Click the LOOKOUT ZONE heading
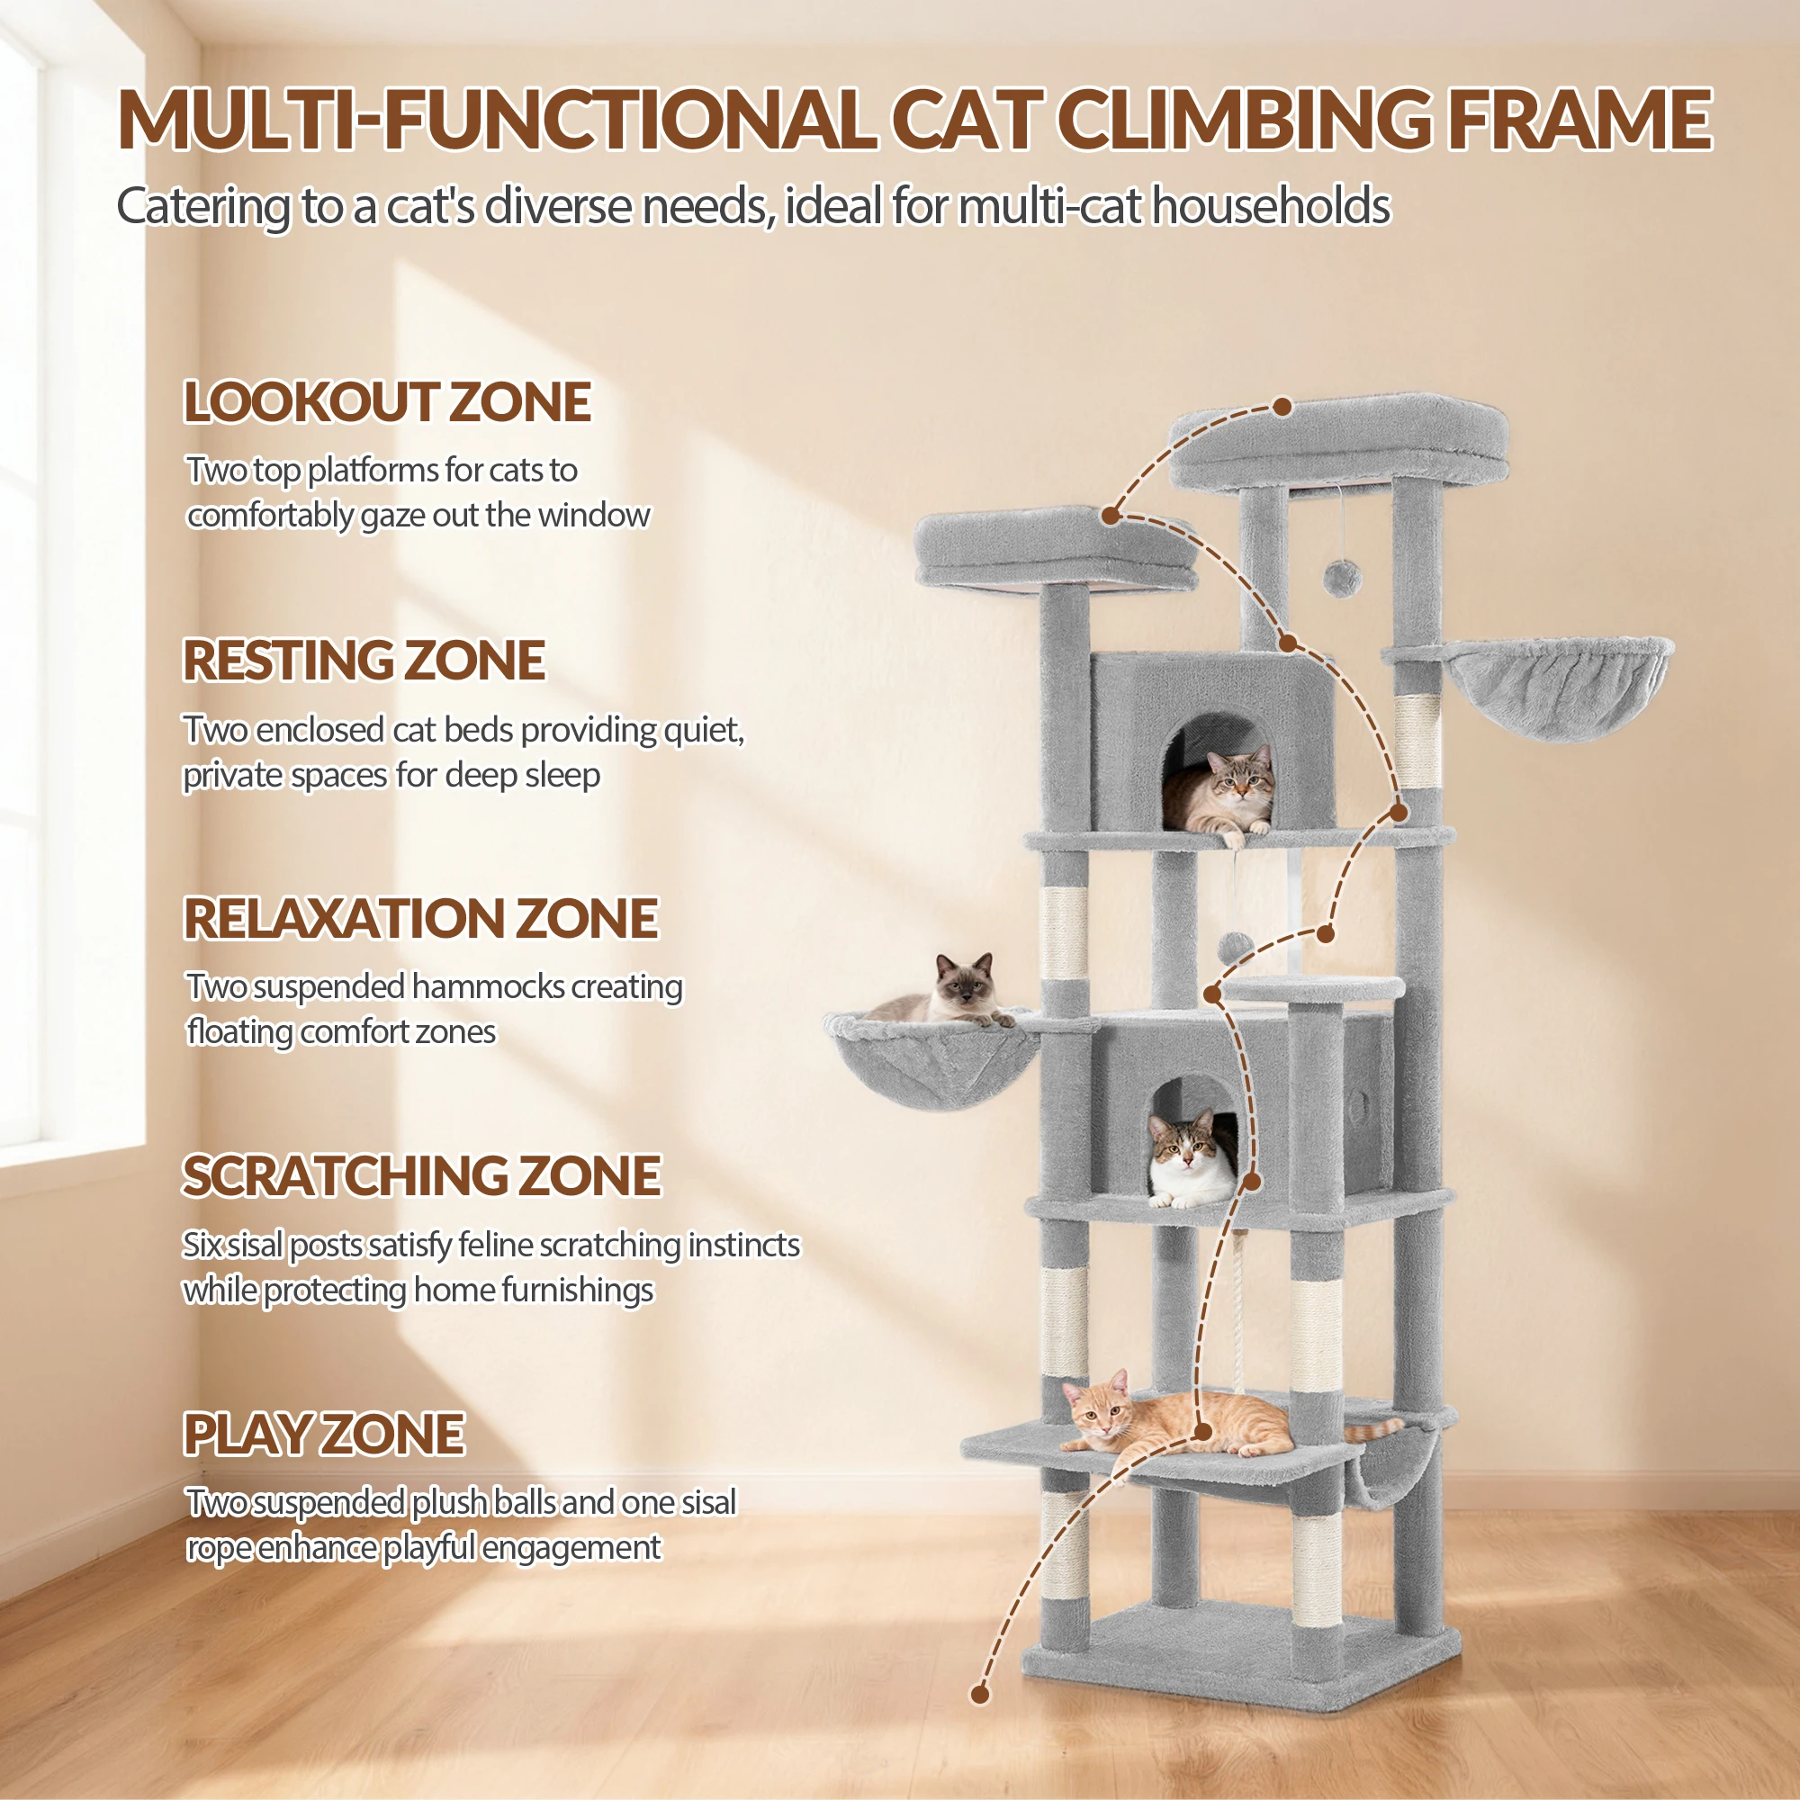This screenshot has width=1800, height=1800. pyautogui.click(x=387, y=401)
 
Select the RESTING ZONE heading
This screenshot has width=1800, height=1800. pyautogui.click(x=364, y=661)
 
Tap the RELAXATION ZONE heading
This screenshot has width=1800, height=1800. pyautogui.click(x=421, y=919)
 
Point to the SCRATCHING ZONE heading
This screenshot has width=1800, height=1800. pyautogui.click(x=422, y=1175)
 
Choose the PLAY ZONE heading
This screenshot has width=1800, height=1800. pyautogui.click(x=323, y=1434)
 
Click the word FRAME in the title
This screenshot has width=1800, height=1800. pyautogui.click(x=1581, y=120)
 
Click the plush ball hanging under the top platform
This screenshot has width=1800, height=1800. pyautogui.click(x=1343, y=580)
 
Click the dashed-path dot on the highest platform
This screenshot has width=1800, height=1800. pyautogui.click(x=1282, y=407)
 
